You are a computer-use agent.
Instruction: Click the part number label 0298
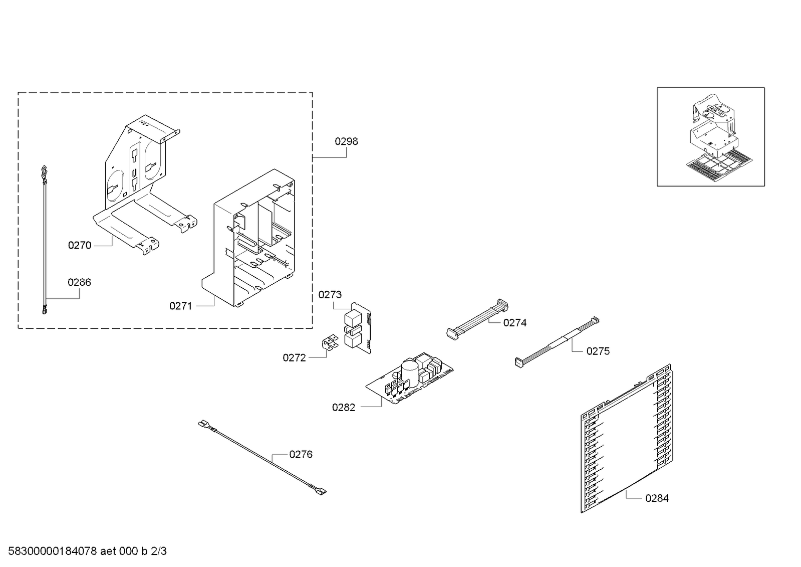(x=346, y=141)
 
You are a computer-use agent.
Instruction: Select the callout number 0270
(x=80, y=245)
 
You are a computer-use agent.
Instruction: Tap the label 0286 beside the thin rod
(x=79, y=282)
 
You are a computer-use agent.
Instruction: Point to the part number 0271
(x=180, y=306)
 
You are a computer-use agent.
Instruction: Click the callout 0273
(x=330, y=295)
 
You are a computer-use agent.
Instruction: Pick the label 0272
(x=294, y=357)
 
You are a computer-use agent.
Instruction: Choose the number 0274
(x=514, y=323)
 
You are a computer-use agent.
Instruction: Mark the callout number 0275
(x=598, y=351)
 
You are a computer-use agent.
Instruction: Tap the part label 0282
(x=343, y=408)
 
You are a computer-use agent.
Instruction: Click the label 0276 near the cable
(x=301, y=454)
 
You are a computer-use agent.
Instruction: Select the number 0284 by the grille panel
(x=656, y=498)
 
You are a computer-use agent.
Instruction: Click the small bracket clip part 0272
(x=329, y=343)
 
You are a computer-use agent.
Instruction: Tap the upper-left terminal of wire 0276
(x=203, y=424)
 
